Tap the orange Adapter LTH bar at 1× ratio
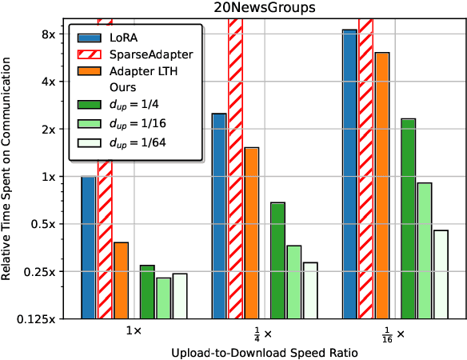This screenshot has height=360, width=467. coord(122,280)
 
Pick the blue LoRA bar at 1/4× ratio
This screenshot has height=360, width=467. coord(218,216)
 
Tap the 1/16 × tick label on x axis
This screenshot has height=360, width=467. coord(391,333)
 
